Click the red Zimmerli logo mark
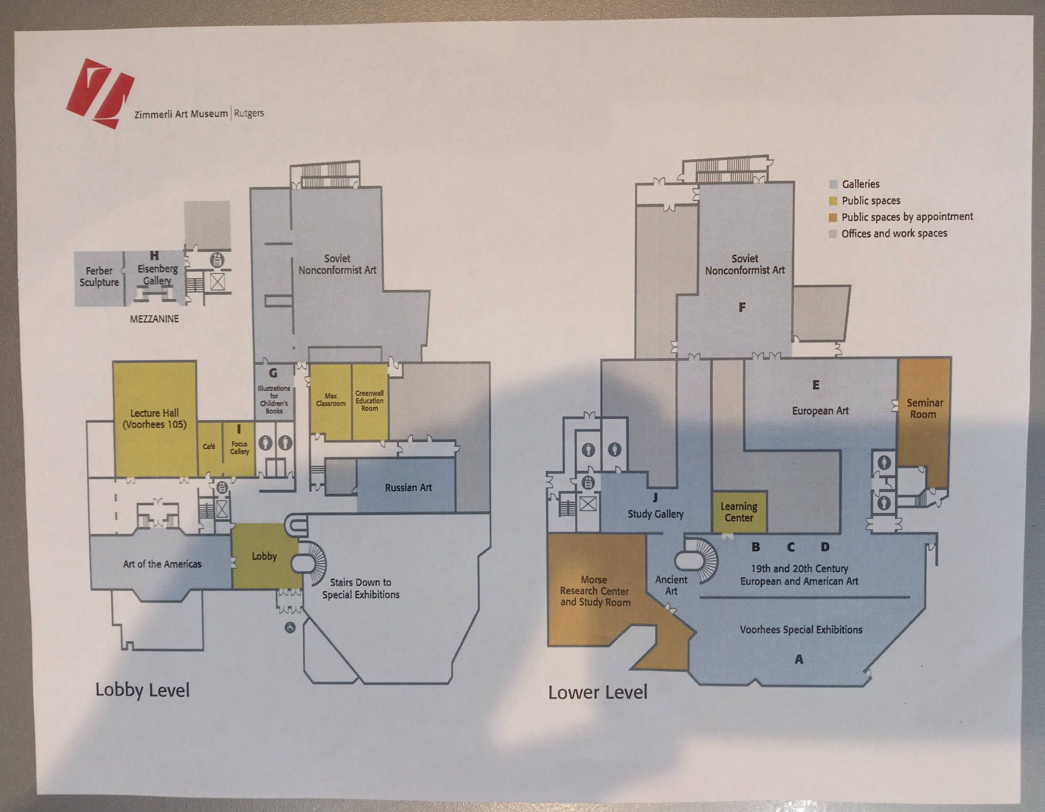tap(100, 94)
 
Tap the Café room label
tap(209, 446)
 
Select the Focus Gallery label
tap(239, 448)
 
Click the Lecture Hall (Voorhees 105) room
tap(155, 419)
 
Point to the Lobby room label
tap(264, 556)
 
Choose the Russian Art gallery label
tap(408, 488)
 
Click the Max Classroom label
tap(331, 400)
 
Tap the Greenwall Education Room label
tap(369, 401)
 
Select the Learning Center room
tap(739, 512)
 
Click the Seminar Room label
tap(924, 409)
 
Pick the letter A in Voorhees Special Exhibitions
tap(799, 659)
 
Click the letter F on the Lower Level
tap(742, 307)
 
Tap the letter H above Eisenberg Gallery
tap(154, 256)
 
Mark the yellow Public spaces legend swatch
tap(833, 201)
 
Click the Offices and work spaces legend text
tap(894, 233)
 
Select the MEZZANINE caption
tap(154, 319)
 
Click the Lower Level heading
tap(598, 692)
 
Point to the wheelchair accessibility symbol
tap(290, 627)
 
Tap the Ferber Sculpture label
tap(99, 276)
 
